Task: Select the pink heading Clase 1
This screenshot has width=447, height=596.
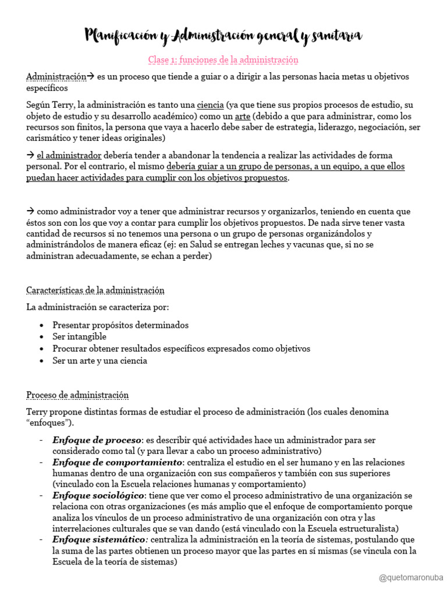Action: click(x=223, y=60)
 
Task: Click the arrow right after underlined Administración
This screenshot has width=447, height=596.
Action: click(x=90, y=76)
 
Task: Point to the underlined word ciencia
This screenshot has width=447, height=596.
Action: click(x=210, y=105)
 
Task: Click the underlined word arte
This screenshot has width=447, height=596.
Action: click(x=243, y=116)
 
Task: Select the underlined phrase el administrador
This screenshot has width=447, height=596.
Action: click(x=69, y=155)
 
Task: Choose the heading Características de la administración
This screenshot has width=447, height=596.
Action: click(x=95, y=290)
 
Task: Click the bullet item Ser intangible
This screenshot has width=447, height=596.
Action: click(x=79, y=336)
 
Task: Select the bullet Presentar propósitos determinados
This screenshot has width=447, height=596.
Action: click(x=120, y=325)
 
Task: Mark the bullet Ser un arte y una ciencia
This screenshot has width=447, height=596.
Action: click(x=100, y=360)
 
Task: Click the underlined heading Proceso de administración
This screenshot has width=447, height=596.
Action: click(x=77, y=395)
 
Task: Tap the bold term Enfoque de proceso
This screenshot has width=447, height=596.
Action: click(x=97, y=439)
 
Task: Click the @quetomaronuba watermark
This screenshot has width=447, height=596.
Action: click(x=410, y=577)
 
